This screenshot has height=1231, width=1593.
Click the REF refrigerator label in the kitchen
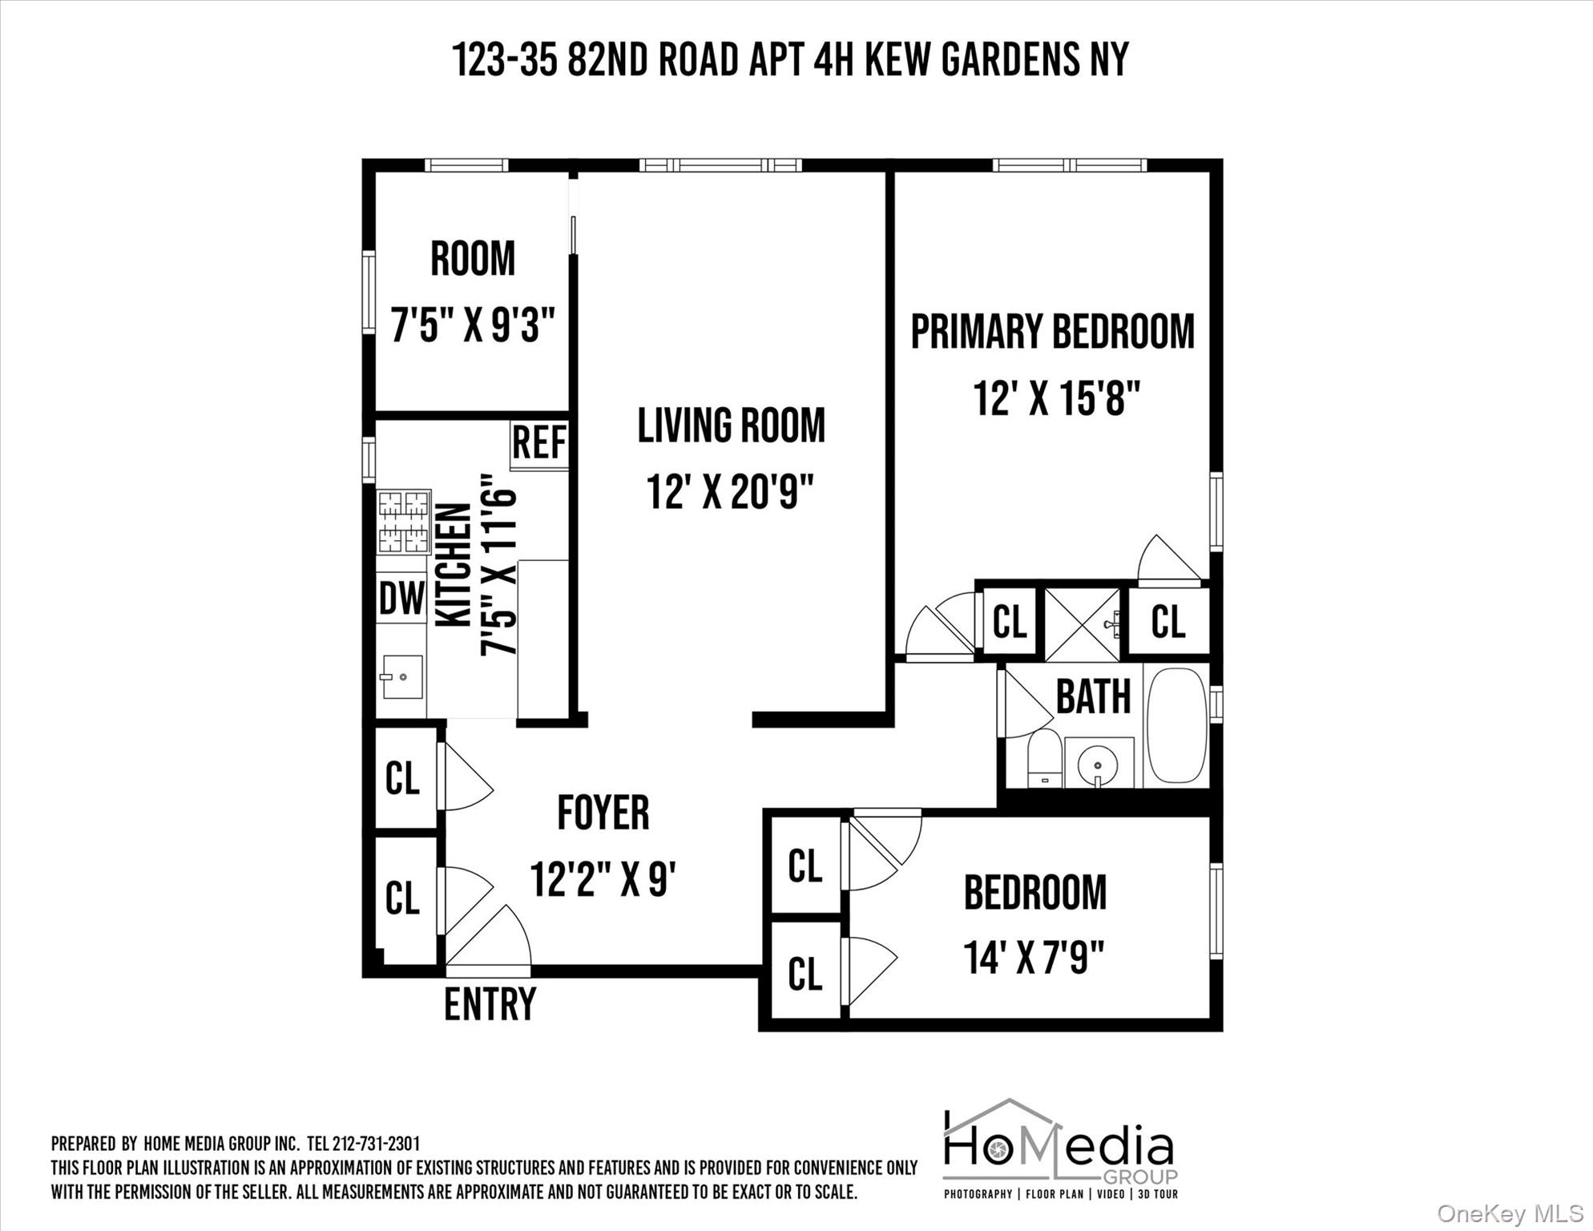pos(539,443)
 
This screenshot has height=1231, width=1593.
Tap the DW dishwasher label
pos(401,598)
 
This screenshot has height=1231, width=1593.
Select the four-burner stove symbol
pos(404,522)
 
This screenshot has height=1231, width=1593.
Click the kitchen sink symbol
pos(401,677)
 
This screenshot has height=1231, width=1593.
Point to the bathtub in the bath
pos(1176,724)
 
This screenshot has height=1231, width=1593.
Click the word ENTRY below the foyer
pos(490,1003)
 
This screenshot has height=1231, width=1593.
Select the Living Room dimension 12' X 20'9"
pos(730,491)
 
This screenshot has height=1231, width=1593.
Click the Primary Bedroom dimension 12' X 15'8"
pos(1056,398)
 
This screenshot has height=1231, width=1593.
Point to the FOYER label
pos(603,813)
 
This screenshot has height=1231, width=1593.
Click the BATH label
pos(1093,696)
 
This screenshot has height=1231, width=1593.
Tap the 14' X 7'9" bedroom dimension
pos(1034,957)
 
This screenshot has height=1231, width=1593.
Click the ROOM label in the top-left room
pos(473,259)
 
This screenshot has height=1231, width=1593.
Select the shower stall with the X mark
pos(1082,624)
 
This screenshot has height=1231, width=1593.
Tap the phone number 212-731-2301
pos(375,1144)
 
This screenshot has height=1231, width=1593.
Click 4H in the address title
pos(833,59)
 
